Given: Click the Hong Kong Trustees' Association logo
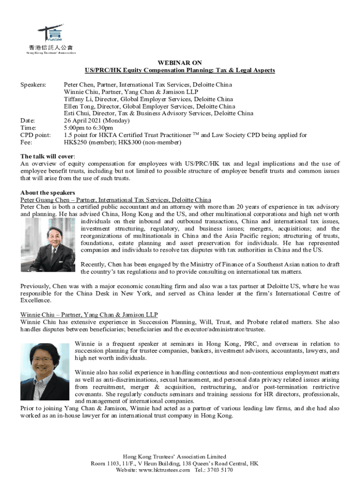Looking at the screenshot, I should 51,39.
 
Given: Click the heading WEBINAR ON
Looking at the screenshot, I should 180,62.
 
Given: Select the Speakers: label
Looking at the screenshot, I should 33,85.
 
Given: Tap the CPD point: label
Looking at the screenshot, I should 36,135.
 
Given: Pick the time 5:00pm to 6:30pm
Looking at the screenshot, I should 88,128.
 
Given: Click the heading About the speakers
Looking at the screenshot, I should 48,193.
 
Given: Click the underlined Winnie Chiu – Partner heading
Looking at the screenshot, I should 89,315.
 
